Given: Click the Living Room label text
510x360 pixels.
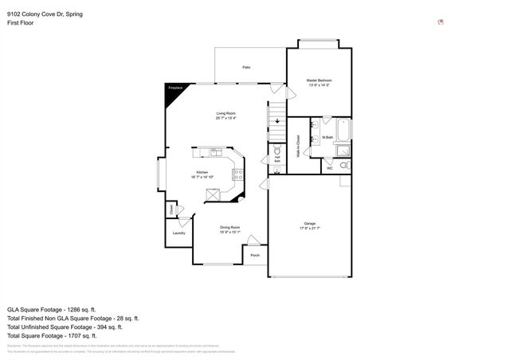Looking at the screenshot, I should point(226,115).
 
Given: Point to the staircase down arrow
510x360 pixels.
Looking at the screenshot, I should point(277,122).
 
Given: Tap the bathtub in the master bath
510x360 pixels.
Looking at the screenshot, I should point(341,129).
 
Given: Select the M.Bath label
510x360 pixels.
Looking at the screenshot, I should point(328,138).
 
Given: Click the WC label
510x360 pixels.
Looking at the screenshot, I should point(330,168).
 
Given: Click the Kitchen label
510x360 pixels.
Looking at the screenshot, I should point(202,174).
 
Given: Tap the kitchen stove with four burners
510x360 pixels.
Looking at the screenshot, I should point(237,174).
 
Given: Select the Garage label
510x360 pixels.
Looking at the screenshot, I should point(309,225).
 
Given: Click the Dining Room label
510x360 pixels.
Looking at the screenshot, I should point(230,229).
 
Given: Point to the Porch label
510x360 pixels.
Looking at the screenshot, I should point(255,255).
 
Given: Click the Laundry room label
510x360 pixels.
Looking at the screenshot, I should point(179,233).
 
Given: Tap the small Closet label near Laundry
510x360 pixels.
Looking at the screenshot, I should point(171,209).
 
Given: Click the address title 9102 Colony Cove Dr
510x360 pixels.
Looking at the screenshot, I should point(45,14).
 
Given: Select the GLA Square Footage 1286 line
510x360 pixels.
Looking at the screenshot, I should point(52,308).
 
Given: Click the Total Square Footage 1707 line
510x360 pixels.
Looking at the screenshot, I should point(51,335).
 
